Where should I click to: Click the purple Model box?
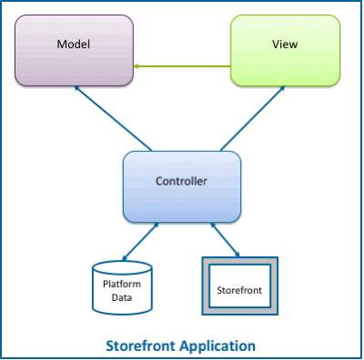74,55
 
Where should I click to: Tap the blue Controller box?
181,186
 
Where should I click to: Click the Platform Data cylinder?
122,290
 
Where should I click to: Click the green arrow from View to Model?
182,65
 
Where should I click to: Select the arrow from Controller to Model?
114,118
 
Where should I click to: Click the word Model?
73,44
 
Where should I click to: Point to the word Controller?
181,181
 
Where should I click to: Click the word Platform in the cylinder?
122,284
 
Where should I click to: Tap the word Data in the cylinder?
122,297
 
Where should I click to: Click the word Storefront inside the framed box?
239,290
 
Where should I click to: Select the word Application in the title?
218,345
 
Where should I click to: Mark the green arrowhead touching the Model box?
137,65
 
